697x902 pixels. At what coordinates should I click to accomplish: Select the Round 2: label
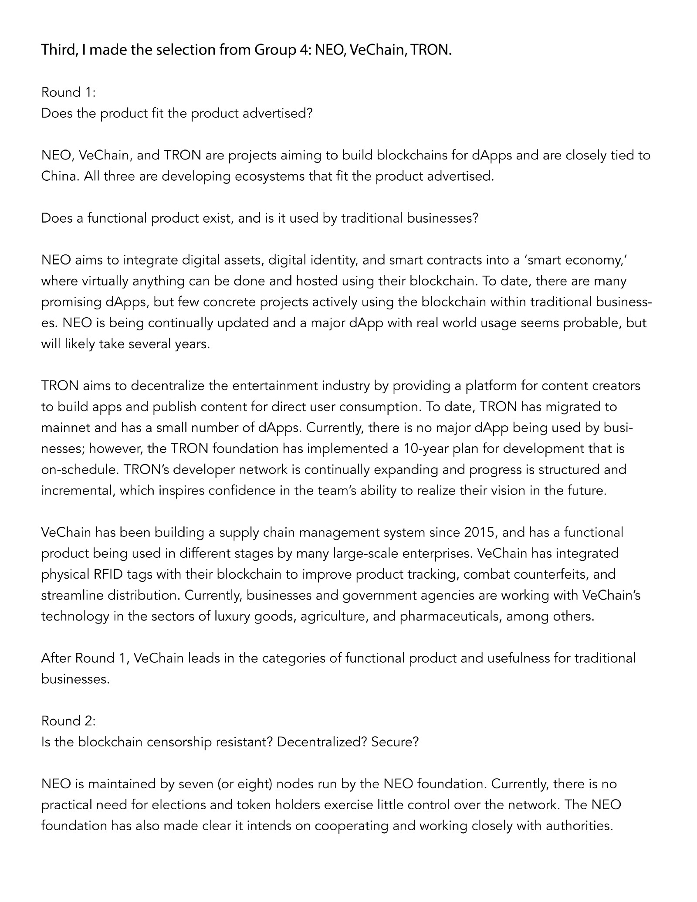tap(68, 721)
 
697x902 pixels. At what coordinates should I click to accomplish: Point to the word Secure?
tap(395, 742)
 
